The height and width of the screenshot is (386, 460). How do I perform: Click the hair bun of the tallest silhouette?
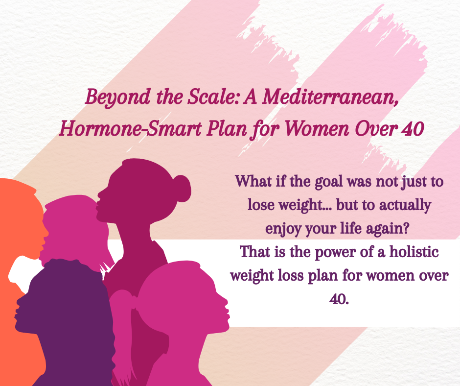pyautogui.click(x=182, y=187)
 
